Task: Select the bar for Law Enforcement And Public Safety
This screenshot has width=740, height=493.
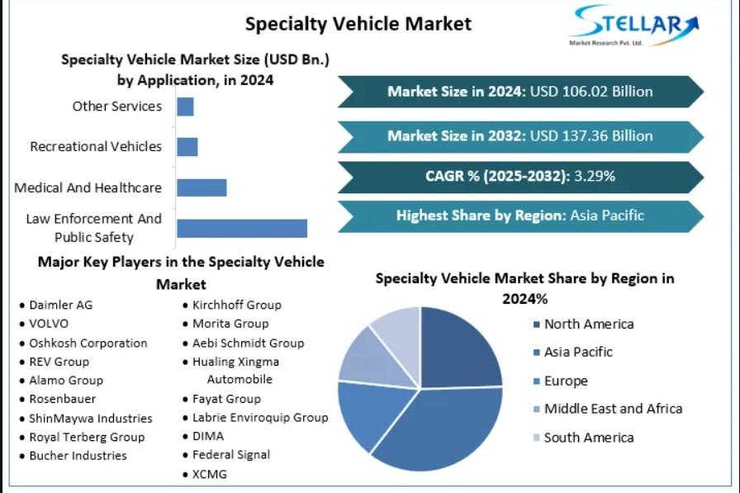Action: pyautogui.click(x=242, y=229)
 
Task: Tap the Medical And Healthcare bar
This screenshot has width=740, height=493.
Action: pyautogui.click(x=202, y=187)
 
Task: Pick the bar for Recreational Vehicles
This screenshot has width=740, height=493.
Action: pyautogui.click(x=187, y=147)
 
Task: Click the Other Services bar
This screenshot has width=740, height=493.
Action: pyautogui.click(x=185, y=107)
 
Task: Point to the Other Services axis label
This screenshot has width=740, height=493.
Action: pyautogui.click(x=116, y=107)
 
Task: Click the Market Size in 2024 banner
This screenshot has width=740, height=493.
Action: pyautogui.click(x=520, y=92)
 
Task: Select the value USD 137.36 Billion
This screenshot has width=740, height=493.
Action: pyautogui.click(x=591, y=136)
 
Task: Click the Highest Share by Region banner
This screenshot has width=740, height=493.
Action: pyautogui.click(x=520, y=216)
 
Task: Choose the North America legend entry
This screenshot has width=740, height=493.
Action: pyautogui.click(x=588, y=325)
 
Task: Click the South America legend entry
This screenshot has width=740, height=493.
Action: pyautogui.click(x=588, y=438)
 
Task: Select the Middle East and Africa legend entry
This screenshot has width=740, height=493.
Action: pyautogui.click(x=612, y=409)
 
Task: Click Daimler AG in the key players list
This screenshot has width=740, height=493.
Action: pyautogui.click(x=60, y=305)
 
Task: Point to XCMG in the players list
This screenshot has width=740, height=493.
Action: pyautogui.click(x=209, y=474)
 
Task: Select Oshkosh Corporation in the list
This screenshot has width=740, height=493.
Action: pyautogui.click(x=88, y=343)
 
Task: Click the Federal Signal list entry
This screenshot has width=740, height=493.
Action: pyautogui.click(x=230, y=454)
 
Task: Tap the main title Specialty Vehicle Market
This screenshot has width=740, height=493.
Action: pyautogui.click(x=358, y=23)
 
